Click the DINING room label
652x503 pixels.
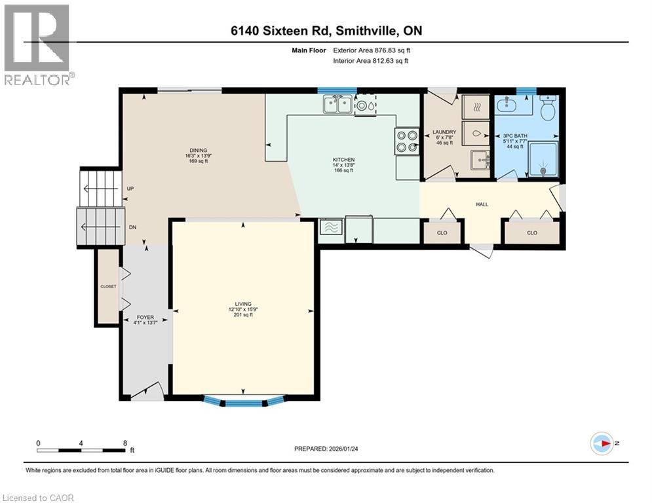[194, 151]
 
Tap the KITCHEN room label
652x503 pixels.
[343, 160]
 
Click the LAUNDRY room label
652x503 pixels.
[444, 132]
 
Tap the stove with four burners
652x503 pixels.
[406, 141]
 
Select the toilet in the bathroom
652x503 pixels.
[548, 107]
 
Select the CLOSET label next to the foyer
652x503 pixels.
[108, 286]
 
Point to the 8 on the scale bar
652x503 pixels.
[125, 443]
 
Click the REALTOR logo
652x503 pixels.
[38, 45]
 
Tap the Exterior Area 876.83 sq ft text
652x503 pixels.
[372, 49]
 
